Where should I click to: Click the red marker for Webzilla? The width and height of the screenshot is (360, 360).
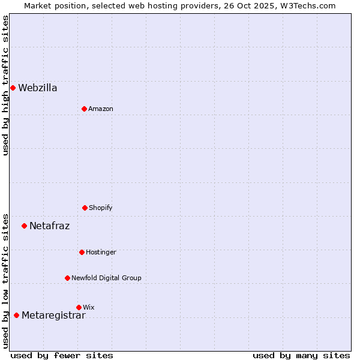point(13,88)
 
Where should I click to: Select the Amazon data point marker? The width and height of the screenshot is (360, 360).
point(84,109)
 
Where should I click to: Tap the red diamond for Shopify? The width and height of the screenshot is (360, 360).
point(85,208)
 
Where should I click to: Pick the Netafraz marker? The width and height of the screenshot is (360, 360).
point(24,226)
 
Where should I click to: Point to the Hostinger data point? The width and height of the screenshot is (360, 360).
point(82,252)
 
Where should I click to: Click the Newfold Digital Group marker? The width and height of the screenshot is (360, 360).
point(67,278)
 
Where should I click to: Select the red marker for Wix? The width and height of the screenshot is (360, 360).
point(79,307)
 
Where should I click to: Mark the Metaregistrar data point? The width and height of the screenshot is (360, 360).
point(16,315)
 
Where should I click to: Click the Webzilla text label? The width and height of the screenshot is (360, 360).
point(38,88)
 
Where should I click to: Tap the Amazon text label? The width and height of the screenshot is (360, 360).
point(101,109)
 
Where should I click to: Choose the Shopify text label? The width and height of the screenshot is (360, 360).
point(101,208)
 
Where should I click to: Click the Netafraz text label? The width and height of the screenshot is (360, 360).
point(50,226)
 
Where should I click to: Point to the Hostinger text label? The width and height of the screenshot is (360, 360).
point(101,253)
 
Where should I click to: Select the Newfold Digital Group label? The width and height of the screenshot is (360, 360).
point(106,278)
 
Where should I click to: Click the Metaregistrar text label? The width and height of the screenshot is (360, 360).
point(53,316)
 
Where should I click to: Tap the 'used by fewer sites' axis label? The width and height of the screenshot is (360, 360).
point(62,355)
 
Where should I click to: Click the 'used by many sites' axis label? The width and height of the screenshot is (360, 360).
point(301,355)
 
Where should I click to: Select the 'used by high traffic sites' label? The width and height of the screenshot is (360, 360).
point(5,85)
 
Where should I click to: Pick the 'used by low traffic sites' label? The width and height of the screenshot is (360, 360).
point(5,281)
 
